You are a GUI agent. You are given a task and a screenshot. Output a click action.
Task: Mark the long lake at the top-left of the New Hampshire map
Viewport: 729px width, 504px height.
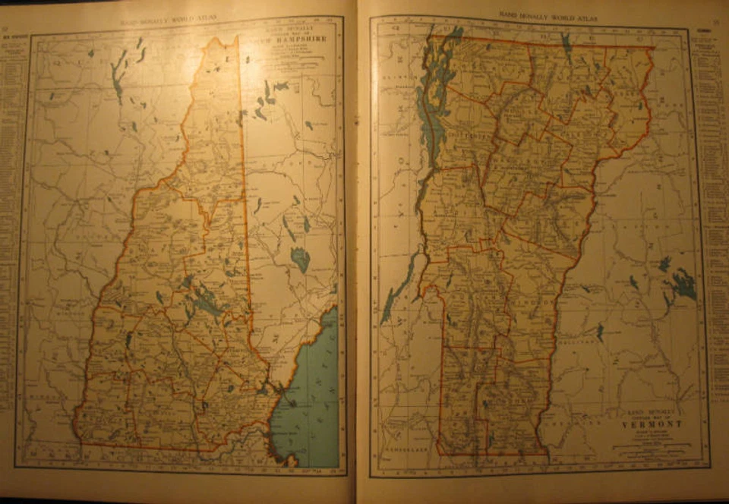(x=116, y=80)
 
